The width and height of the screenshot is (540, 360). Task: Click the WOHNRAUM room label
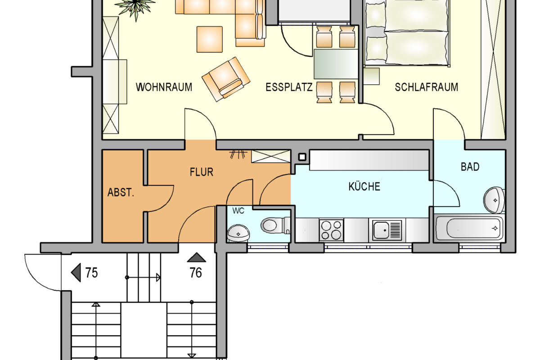[164, 87]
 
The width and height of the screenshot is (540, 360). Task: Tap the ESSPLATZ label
[289, 87]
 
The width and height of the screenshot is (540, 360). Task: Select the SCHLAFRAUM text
[426, 87]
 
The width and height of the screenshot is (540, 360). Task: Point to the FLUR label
[201, 171]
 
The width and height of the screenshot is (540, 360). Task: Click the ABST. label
[121, 193]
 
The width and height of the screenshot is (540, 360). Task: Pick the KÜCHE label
[364, 186]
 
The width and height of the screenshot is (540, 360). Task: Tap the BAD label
[470, 167]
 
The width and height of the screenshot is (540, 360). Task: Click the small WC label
[238, 211]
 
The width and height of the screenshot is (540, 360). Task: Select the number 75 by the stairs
[91, 273]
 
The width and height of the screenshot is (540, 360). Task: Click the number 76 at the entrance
[196, 273]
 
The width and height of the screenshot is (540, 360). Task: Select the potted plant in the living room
[135, 7]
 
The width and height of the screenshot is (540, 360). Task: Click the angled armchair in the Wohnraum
[226, 79]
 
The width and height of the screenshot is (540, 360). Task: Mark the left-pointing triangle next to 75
[76, 273]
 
